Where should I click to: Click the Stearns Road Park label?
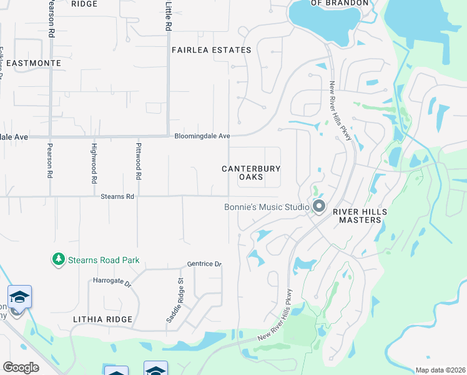tap(104, 260)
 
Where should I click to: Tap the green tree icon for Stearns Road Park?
tap(58, 258)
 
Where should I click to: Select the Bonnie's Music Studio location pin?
tap(319, 206)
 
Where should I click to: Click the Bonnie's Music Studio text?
tap(267, 207)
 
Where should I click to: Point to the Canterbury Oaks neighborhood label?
tap(251, 173)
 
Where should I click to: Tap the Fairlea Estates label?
tap(202, 50)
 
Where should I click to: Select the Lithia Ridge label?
tap(102, 319)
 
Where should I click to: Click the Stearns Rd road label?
tap(117, 196)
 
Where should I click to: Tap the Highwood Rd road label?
tap(94, 162)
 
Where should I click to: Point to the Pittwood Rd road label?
tap(139, 161)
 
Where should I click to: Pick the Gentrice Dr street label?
tap(204, 264)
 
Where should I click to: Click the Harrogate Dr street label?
tap(112, 283)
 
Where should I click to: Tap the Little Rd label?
tap(168, 16)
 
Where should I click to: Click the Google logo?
tap(21, 367)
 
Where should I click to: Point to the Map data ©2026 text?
tap(440, 370)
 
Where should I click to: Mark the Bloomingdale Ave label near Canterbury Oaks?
tap(202, 136)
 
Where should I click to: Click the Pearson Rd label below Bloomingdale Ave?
tap(49, 161)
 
